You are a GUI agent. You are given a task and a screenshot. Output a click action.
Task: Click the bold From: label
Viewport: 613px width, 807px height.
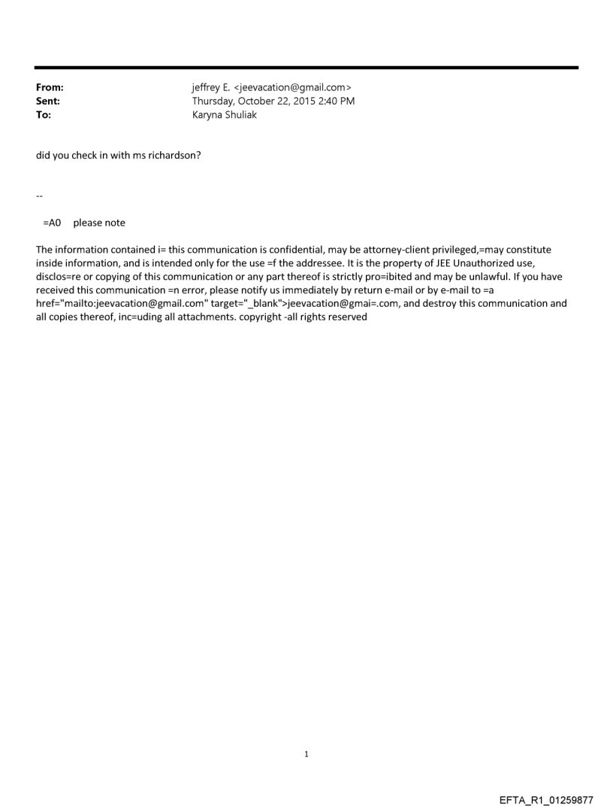pos(50,87)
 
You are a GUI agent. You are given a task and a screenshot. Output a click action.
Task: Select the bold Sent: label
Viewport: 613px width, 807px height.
pos(48,101)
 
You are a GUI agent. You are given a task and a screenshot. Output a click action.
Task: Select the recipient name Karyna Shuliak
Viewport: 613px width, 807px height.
pos(225,114)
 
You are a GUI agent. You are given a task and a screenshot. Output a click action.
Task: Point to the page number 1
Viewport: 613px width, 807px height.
pos(306,754)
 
